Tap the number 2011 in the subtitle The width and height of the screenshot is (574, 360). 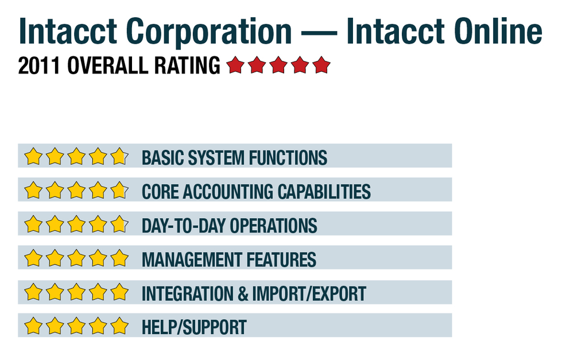click(x=38, y=65)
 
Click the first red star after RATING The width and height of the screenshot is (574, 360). click(x=235, y=65)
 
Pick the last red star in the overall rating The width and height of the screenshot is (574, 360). click(x=321, y=65)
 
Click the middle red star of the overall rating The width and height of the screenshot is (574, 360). click(x=278, y=65)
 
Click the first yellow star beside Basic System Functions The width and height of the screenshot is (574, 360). click(x=33, y=156)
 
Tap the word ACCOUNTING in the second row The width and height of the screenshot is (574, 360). click(x=228, y=192)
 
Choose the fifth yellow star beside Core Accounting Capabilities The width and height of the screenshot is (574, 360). click(x=119, y=190)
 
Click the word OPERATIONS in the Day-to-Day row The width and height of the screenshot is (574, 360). click(x=273, y=226)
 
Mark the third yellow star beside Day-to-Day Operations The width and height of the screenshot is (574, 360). click(x=76, y=224)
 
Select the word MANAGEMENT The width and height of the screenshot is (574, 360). click(x=192, y=260)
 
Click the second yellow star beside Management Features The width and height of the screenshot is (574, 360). click(x=55, y=258)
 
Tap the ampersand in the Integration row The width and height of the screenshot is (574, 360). click(x=242, y=294)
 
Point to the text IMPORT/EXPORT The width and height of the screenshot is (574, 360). click(x=309, y=294)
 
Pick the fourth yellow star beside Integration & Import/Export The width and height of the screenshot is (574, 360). click(x=98, y=292)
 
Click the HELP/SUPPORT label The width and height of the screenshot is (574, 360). click(x=194, y=327)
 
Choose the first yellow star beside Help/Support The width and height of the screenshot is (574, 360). click(x=33, y=326)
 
